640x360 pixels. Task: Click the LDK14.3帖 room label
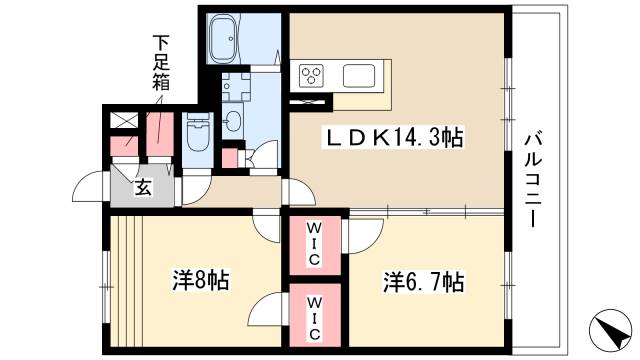389,139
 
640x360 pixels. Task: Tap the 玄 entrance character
143,187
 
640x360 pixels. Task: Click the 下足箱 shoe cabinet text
159,63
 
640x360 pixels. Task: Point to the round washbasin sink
233,121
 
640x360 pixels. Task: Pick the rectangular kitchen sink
360,75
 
